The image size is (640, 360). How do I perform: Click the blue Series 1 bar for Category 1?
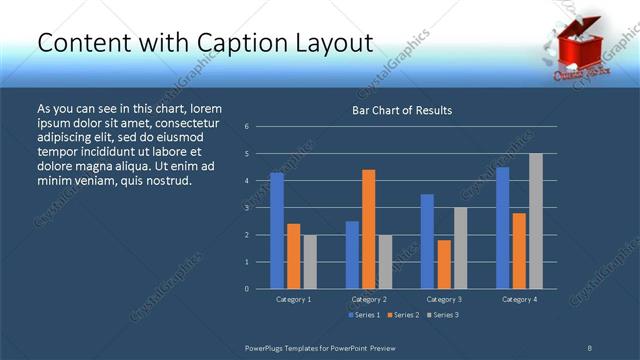[x=277, y=230]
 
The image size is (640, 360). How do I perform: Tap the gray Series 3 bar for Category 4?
[x=535, y=221]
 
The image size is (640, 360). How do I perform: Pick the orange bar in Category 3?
[x=443, y=264]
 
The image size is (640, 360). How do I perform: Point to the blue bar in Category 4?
[x=502, y=227]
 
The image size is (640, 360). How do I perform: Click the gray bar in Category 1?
[x=309, y=261]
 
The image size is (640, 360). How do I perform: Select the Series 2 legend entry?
[x=401, y=315]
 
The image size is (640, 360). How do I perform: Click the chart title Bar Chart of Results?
[x=402, y=110]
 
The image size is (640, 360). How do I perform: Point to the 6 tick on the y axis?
[x=247, y=127]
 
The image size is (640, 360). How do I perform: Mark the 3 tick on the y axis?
[x=247, y=208]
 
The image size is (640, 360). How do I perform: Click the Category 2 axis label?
[x=368, y=299]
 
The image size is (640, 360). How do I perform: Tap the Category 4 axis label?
[x=518, y=299]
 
